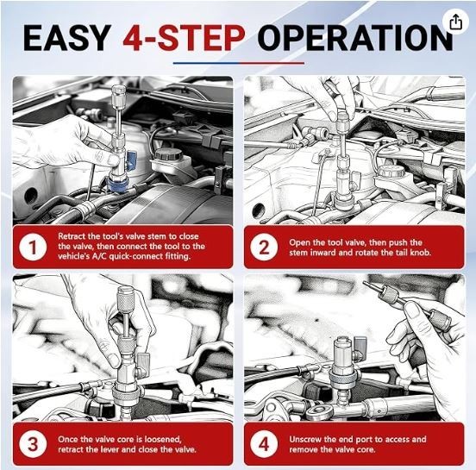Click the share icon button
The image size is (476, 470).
(455, 22)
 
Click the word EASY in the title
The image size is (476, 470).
(67, 38)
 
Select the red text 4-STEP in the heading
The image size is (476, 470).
(184, 38)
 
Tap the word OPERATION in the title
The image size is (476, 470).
(355, 38)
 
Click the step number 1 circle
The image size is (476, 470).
(33, 247)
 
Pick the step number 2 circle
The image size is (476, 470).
(264, 248)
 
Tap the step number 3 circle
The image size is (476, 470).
(33, 443)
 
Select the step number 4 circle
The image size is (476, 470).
(264, 444)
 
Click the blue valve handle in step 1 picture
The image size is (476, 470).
(131, 160)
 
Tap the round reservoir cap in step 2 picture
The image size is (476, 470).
(391, 172)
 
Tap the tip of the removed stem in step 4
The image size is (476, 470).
(364, 282)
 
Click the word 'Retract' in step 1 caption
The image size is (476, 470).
(72, 236)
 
